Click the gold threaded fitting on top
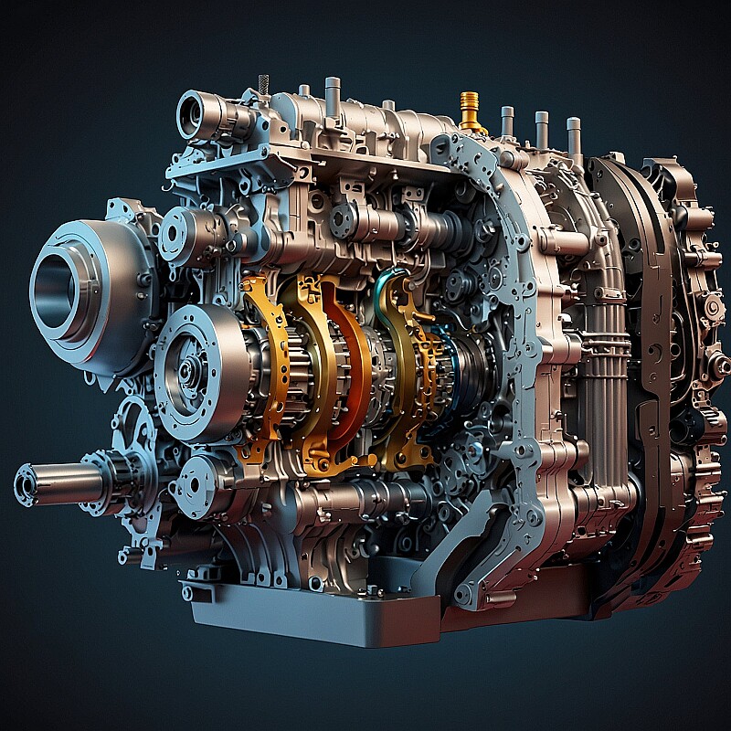click(469, 111)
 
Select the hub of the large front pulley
click(187, 370)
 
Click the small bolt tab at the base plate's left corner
click(188, 592)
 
